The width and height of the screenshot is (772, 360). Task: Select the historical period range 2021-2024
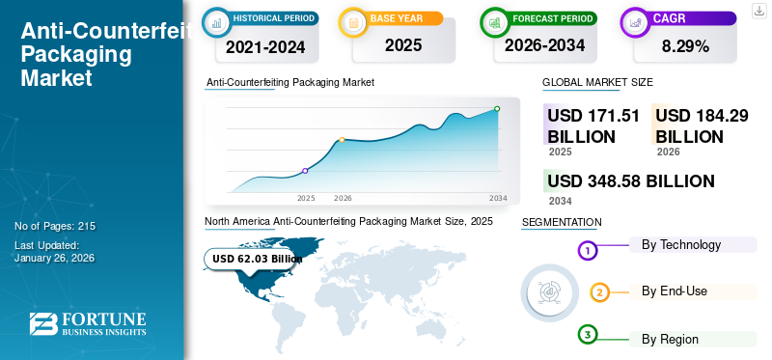264,45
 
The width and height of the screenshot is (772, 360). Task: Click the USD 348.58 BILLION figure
631,180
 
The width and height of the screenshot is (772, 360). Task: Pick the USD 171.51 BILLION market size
593,125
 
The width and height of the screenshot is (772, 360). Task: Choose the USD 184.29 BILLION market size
702,125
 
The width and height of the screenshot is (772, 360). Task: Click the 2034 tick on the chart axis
498,198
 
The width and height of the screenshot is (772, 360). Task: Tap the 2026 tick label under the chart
343,198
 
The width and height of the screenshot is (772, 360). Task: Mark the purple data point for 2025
306,171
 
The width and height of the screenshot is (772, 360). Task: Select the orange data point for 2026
342,140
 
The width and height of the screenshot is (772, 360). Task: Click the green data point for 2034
497,109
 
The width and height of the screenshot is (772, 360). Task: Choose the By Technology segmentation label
680,245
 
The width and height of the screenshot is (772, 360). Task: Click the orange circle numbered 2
599,292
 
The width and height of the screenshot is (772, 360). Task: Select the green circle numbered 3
588,335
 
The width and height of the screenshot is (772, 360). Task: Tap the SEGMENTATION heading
561,223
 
